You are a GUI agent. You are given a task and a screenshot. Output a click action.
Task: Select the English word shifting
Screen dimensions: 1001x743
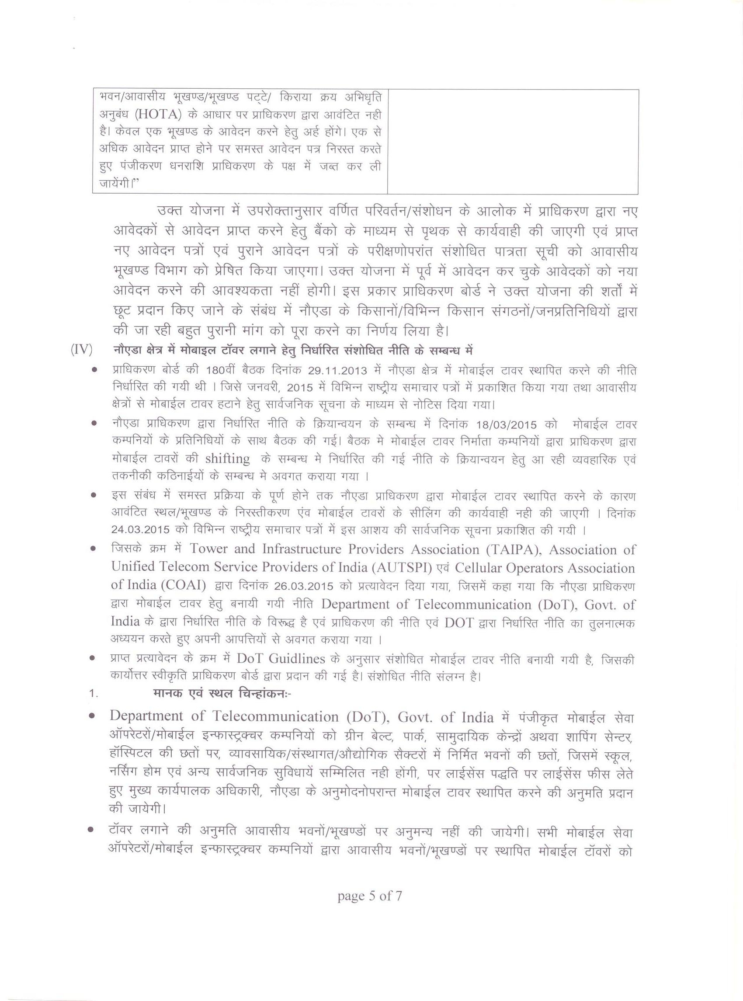pos(228,459)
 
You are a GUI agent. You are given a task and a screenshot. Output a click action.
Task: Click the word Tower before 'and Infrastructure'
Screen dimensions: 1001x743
pos(210,549)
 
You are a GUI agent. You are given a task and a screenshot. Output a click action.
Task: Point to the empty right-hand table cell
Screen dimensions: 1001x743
pos(512,142)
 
